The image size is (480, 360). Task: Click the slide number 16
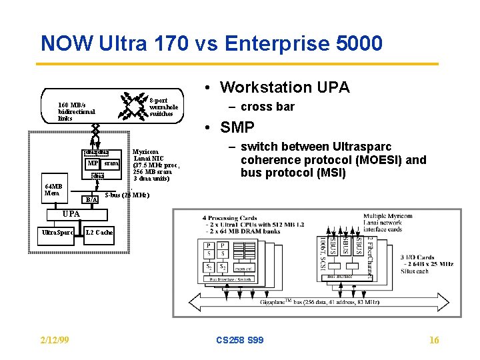[x=434, y=341]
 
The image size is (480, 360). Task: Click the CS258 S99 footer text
[x=240, y=341]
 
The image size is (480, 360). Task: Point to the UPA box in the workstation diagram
[x=71, y=213]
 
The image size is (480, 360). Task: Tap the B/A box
[x=91, y=199]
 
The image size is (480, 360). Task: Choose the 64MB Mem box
[x=53, y=189]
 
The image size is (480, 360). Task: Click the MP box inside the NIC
[x=93, y=163]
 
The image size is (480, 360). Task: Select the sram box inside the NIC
[x=111, y=163]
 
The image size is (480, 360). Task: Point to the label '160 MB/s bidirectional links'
[x=76, y=111]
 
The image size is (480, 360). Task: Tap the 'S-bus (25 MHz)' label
[x=127, y=195]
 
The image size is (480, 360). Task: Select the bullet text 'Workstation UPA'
[x=284, y=87]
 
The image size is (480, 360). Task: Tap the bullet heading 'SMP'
[x=237, y=127]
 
